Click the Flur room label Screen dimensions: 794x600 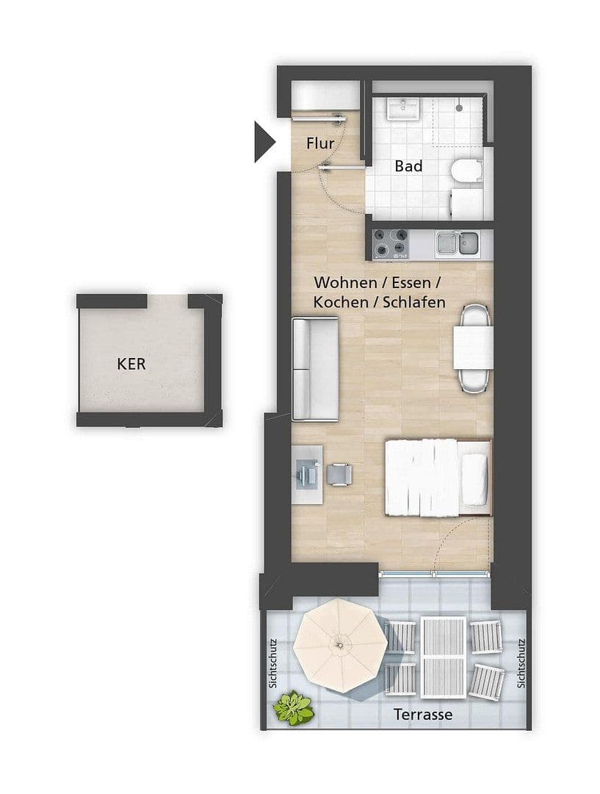(320, 143)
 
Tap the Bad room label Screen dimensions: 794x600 (408, 166)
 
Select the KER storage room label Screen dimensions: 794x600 (131, 363)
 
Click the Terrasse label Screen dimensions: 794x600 (422, 714)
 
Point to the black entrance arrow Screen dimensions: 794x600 (263, 141)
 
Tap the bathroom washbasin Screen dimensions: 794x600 (403, 110)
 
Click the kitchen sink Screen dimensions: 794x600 (456, 243)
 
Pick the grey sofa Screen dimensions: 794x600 (314, 368)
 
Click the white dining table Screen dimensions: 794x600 (473, 347)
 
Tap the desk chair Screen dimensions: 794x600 (339, 474)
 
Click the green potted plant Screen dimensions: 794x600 (294, 707)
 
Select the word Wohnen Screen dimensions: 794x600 (338, 282)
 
